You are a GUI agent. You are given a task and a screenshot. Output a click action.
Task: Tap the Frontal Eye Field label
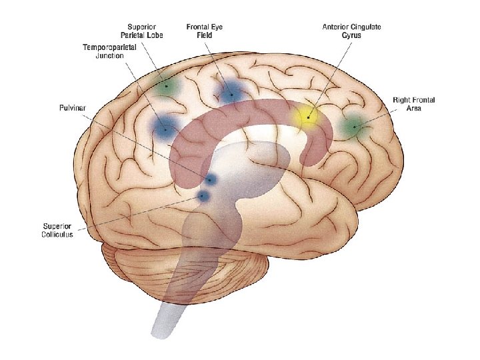tap(205, 31)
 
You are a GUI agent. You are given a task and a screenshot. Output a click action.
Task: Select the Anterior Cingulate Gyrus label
tap(351, 31)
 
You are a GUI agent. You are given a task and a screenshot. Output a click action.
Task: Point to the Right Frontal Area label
tap(414, 104)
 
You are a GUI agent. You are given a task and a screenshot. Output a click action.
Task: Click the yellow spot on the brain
tap(307, 117)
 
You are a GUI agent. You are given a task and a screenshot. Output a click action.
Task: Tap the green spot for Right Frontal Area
tap(353, 125)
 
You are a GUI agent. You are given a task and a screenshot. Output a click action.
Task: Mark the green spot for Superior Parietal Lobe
tap(167, 86)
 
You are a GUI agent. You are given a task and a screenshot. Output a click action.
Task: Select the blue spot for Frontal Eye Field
tap(231, 93)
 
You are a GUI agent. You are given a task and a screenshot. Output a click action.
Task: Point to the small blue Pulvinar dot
tap(211, 180)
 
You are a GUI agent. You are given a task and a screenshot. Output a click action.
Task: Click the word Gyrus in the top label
tap(351, 35)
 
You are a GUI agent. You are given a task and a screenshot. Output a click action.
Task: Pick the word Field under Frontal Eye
tap(205, 35)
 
